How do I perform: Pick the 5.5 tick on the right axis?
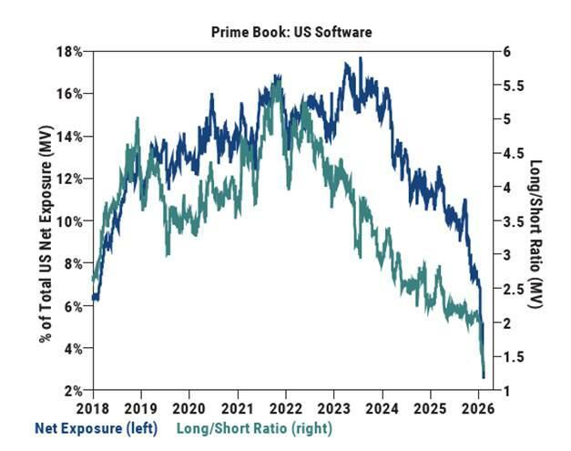[514, 86]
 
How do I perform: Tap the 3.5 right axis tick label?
[514, 221]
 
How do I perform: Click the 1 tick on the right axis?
[507, 391]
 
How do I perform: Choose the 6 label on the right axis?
[507, 52]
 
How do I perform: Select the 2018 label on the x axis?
[92, 408]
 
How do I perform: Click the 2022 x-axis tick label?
[286, 408]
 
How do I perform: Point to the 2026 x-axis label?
[479, 408]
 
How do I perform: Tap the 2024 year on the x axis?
[382, 408]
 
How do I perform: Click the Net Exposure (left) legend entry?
[96, 428]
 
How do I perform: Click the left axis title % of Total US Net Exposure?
[44, 221]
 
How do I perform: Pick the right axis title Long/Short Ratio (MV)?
[537, 221]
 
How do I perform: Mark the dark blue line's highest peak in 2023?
[361, 58]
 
